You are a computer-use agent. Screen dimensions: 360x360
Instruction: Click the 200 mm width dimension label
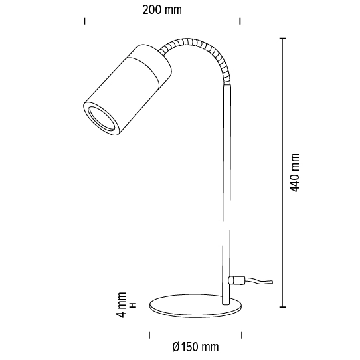162,10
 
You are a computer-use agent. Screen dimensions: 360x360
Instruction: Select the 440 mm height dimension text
296,173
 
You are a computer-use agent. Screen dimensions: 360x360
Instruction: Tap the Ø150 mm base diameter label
195,347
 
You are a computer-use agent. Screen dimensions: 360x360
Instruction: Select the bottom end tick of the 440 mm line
283,308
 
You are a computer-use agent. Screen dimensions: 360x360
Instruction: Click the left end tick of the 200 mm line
84,22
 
